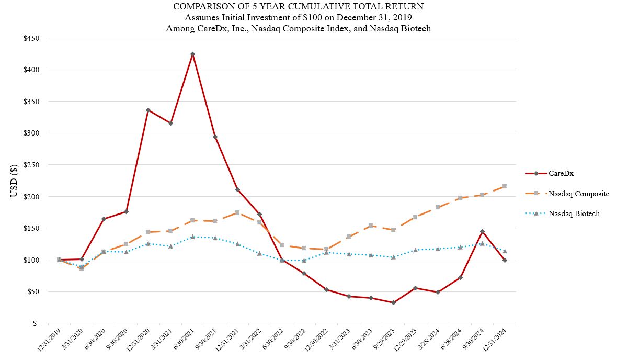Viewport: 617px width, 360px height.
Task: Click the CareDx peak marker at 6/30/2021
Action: click(x=192, y=54)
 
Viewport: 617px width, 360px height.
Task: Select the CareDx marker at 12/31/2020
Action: click(x=148, y=110)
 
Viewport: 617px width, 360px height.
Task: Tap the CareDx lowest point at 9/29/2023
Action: click(x=393, y=302)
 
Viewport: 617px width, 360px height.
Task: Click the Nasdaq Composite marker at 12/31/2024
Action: click(x=505, y=186)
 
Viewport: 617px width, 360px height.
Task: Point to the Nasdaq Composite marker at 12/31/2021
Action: click(x=237, y=212)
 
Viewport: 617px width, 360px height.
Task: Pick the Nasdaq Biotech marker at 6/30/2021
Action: click(x=192, y=237)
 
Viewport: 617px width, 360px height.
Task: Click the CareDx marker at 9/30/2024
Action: click(x=482, y=231)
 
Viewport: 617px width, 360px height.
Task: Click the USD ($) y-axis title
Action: click(x=14, y=181)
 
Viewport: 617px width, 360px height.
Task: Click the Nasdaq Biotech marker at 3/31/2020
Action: click(x=81, y=266)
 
